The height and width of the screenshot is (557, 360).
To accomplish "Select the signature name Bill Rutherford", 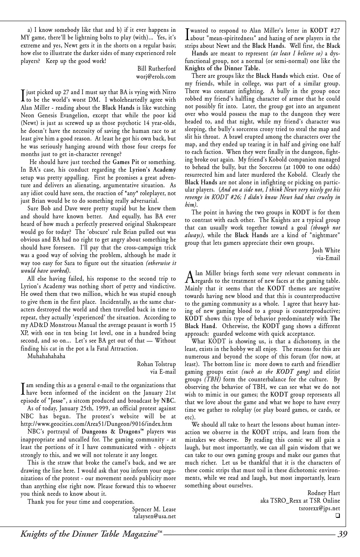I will [156, 68].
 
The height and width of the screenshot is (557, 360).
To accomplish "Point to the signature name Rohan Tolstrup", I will [156, 364].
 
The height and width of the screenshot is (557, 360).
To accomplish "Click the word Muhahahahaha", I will [46, 356].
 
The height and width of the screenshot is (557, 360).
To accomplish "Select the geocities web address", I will [96, 424].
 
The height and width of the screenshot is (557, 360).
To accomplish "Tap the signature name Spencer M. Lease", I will [154, 509].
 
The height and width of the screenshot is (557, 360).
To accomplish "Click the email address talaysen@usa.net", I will [155, 516].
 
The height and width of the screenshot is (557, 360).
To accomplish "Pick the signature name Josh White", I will [326, 250].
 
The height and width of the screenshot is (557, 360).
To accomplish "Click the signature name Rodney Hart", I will [323, 493].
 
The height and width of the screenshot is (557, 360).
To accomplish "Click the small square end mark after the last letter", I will [338, 516].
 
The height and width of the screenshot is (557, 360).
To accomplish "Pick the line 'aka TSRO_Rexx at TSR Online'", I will [300, 501].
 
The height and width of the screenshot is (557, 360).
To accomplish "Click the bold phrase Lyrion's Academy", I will [152, 169].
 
